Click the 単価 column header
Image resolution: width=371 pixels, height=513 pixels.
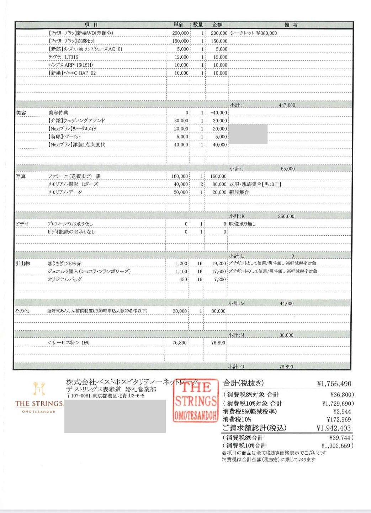tap(179, 25)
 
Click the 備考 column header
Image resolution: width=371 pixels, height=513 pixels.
tap(291, 25)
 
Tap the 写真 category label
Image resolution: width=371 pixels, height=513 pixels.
tap(21, 176)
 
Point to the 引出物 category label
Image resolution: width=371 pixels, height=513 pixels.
tap(22, 263)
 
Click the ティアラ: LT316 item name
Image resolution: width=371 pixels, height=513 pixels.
tap(63, 57)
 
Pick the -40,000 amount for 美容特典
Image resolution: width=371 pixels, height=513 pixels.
tap(218, 113)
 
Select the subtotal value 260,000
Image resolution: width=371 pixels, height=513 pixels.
tap(286, 216)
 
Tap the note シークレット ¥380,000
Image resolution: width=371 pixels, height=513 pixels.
tap(253, 33)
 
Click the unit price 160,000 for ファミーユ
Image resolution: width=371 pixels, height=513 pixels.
tap(180, 176)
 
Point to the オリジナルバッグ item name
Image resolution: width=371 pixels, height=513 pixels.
tap(65, 279)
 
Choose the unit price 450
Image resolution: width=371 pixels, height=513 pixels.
tap(183, 279)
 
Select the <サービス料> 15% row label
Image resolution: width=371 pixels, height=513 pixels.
tap(68, 343)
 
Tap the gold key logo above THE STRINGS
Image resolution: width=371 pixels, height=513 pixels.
tap(39, 389)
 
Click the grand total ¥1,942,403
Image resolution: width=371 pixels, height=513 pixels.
tap(334, 428)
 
